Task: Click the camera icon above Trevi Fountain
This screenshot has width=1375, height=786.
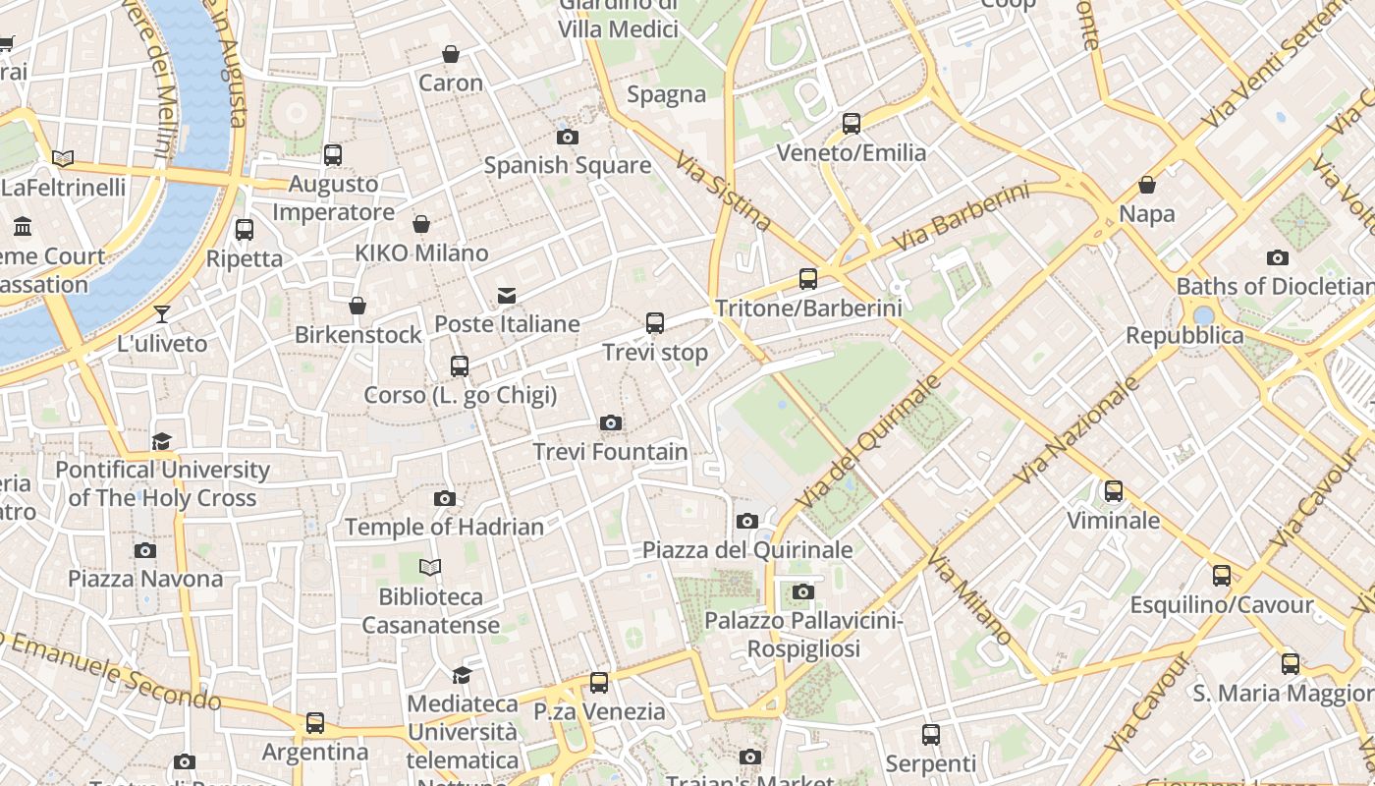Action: click(611, 423)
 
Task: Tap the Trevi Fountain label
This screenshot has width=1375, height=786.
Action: click(610, 452)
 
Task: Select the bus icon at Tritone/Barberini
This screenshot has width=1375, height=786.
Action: click(808, 279)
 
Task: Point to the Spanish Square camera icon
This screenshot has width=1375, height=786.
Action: click(568, 137)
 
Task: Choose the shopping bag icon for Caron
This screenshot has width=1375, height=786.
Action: click(451, 54)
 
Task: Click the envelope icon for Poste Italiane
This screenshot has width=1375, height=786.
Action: click(507, 295)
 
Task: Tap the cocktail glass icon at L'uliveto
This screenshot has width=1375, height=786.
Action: click(162, 314)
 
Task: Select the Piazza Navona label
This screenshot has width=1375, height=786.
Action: click(145, 579)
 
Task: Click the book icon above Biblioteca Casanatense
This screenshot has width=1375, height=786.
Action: click(430, 567)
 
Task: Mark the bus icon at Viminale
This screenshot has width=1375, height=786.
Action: click(1114, 491)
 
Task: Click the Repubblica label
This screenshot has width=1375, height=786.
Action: click(1184, 336)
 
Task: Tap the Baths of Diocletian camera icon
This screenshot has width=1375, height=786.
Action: click(1278, 258)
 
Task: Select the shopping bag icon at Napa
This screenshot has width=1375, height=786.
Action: click(1147, 185)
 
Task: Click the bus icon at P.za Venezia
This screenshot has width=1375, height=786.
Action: click(599, 683)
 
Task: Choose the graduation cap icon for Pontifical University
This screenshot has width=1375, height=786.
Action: click(162, 441)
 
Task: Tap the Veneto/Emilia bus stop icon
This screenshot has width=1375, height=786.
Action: click(852, 124)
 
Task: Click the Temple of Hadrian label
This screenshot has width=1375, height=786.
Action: click(444, 528)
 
